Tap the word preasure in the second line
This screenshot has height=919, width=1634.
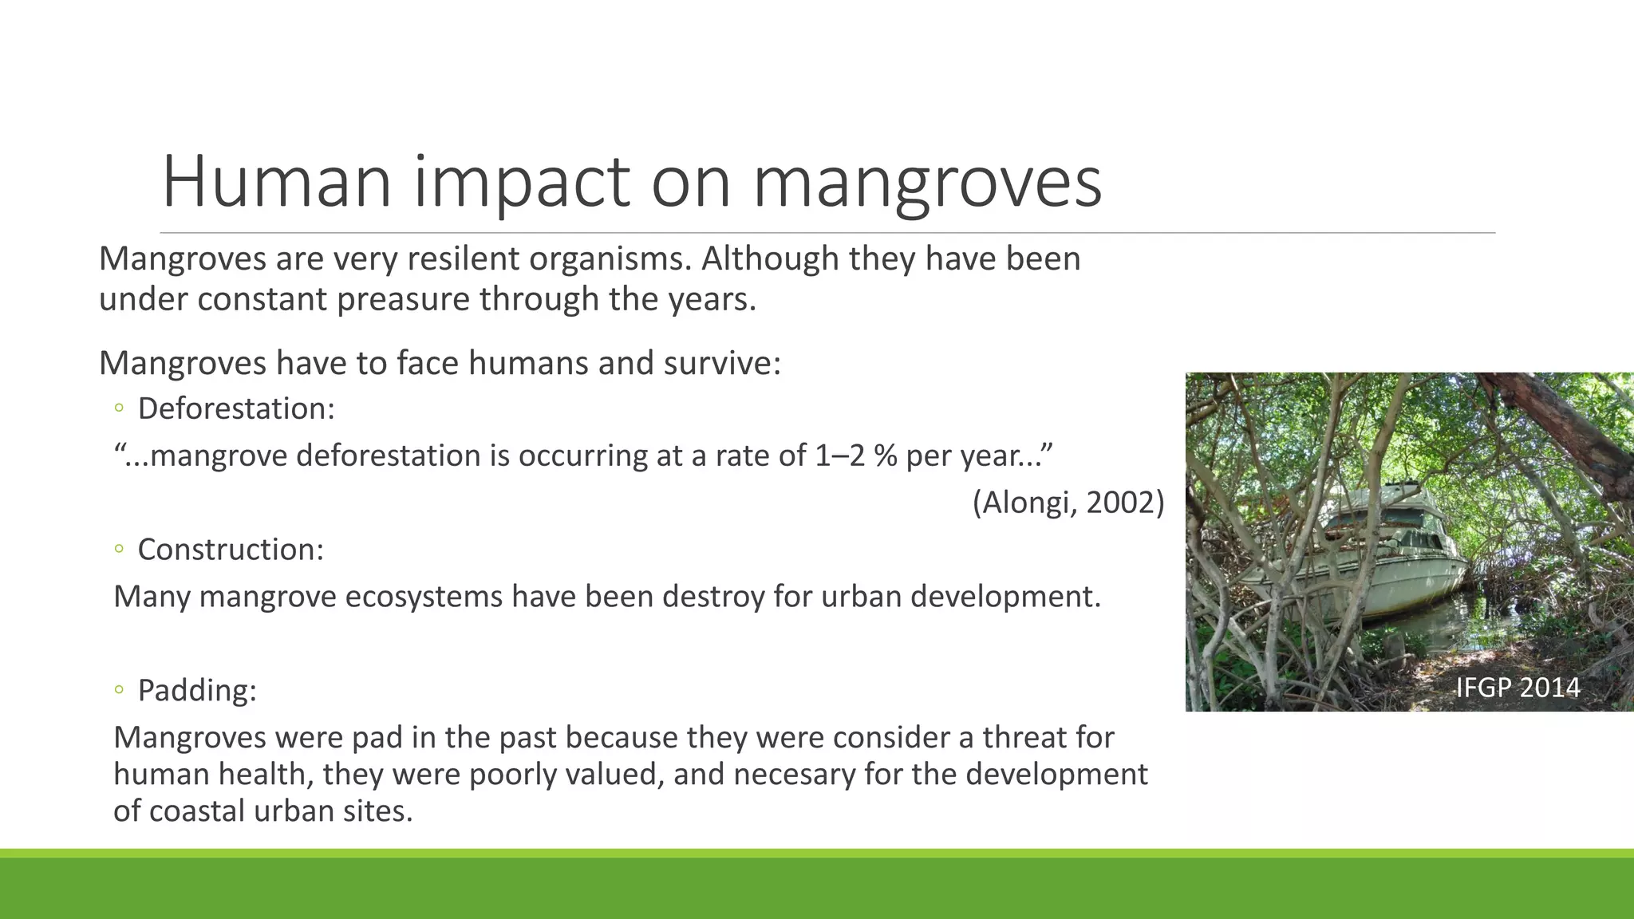click(403, 300)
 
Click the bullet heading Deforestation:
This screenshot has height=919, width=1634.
click(236, 408)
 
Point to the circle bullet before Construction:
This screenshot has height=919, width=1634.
click(119, 549)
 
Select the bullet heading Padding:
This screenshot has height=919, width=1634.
click(197, 690)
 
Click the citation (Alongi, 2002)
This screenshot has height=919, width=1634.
click(1068, 503)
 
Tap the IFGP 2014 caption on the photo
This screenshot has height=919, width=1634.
click(1518, 688)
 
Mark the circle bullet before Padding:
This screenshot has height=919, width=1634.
click(119, 690)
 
